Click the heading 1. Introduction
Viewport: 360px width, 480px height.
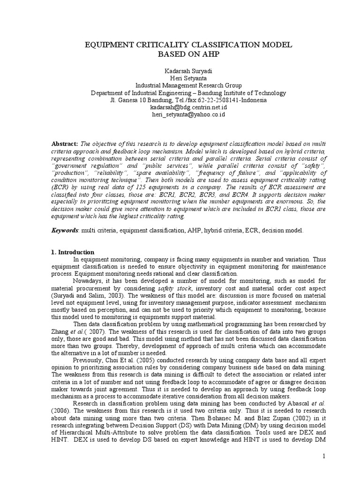pos(73,252)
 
